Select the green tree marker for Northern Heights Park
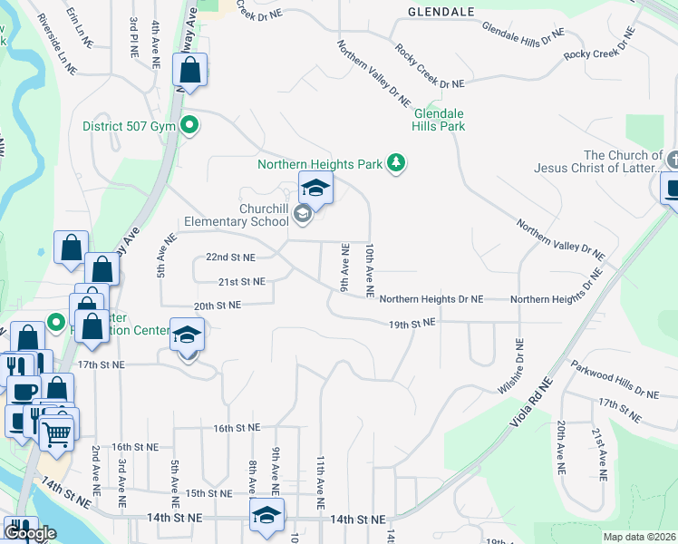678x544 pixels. coord(396,163)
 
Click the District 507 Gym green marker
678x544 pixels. coord(189,126)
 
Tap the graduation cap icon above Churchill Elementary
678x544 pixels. coord(315,189)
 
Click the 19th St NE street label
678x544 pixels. coord(412,323)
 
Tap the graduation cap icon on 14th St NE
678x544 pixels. coord(266,514)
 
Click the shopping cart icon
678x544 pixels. coord(57,436)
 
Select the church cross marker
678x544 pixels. coord(672,160)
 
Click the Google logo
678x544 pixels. coord(30,533)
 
